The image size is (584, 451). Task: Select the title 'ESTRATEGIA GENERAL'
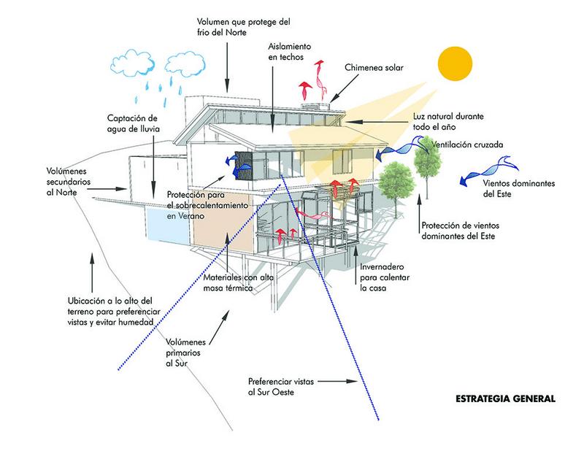pyautogui.click(x=504, y=399)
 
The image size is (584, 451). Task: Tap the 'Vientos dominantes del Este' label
pyautogui.click(x=507, y=189)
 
